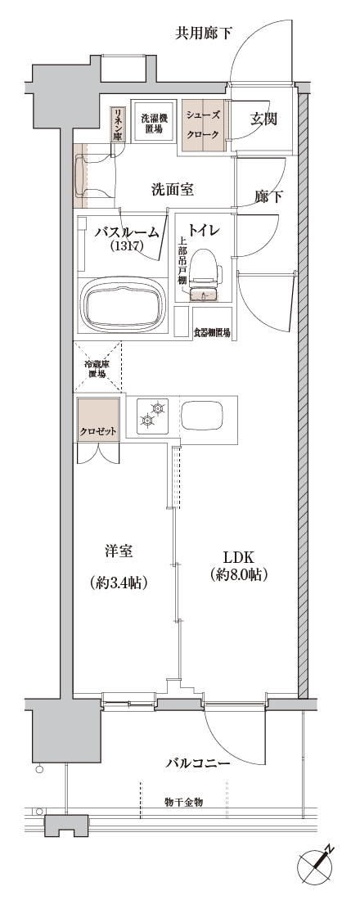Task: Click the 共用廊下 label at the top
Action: (204, 34)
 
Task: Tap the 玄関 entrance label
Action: (264, 119)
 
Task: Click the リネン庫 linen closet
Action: (117, 124)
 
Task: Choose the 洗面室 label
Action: (173, 190)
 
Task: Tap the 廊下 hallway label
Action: (268, 197)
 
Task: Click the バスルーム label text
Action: (126, 232)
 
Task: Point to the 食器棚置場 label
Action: (212, 332)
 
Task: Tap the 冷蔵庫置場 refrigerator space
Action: (97, 368)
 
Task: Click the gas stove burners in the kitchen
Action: (153, 415)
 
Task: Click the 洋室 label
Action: (119, 551)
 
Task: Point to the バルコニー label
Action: (199, 763)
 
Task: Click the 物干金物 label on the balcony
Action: (184, 802)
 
